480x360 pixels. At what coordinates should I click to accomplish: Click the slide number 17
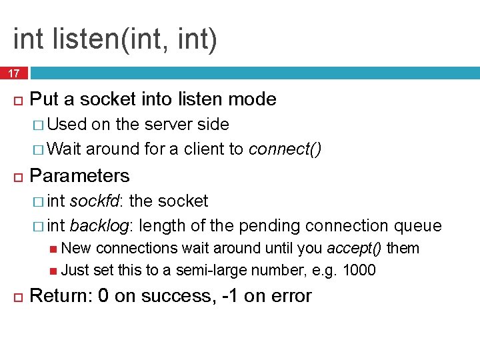(13, 73)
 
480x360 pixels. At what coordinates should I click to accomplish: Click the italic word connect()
(285, 149)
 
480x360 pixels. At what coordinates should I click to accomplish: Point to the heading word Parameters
(80, 176)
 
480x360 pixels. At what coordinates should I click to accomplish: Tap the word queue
(418, 226)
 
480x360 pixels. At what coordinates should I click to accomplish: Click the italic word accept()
(354, 249)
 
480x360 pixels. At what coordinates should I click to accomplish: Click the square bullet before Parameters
(17, 177)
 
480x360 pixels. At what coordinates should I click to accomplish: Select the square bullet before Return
(17, 297)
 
